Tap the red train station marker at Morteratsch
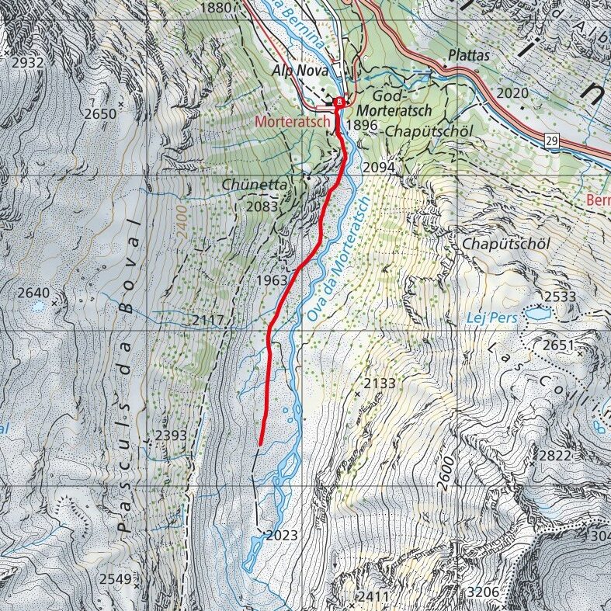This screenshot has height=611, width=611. click(x=339, y=102)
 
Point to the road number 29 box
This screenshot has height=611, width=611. click(x=552, y=141)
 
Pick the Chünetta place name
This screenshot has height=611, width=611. click(x=254, y=186)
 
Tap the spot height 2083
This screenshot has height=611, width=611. click(x=262, y=207)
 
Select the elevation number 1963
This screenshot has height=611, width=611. click(x=272, y=280)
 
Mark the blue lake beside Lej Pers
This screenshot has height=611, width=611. click(x=536, y=314)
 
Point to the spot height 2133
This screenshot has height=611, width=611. click(x=380, y=383)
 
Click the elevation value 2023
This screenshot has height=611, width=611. click(x=281, y=536)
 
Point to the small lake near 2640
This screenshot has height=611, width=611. click(x=38, y=307)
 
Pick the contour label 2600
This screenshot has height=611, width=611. click(x=445, y=473)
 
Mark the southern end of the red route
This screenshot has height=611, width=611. click(x=259, y=443)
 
